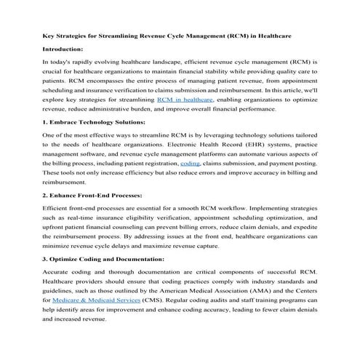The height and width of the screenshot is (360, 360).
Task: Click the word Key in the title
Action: tap(49, 35)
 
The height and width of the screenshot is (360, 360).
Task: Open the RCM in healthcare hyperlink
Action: tap(185, 97)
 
